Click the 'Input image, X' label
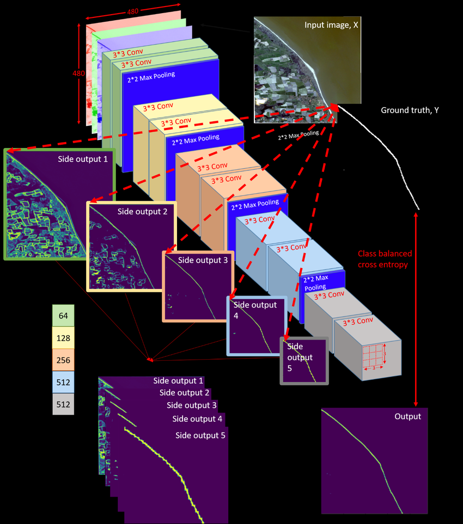point(331,26)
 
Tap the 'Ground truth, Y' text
point(410,110)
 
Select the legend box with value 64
point(63,315)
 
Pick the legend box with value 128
point(63,338)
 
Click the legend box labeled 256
point(63,360)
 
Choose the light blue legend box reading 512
point(63,383)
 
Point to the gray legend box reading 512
point(63,405)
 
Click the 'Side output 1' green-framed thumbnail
point(59,204)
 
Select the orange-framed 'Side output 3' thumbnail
point(198,287)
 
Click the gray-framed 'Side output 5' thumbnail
point(304,361)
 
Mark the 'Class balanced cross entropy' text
point(385,259)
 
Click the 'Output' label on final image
point(407,416)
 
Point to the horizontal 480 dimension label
point(133,11)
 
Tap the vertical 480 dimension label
point(79,73)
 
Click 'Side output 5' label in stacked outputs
point(200,435)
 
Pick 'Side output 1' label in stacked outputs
point(178,381)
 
